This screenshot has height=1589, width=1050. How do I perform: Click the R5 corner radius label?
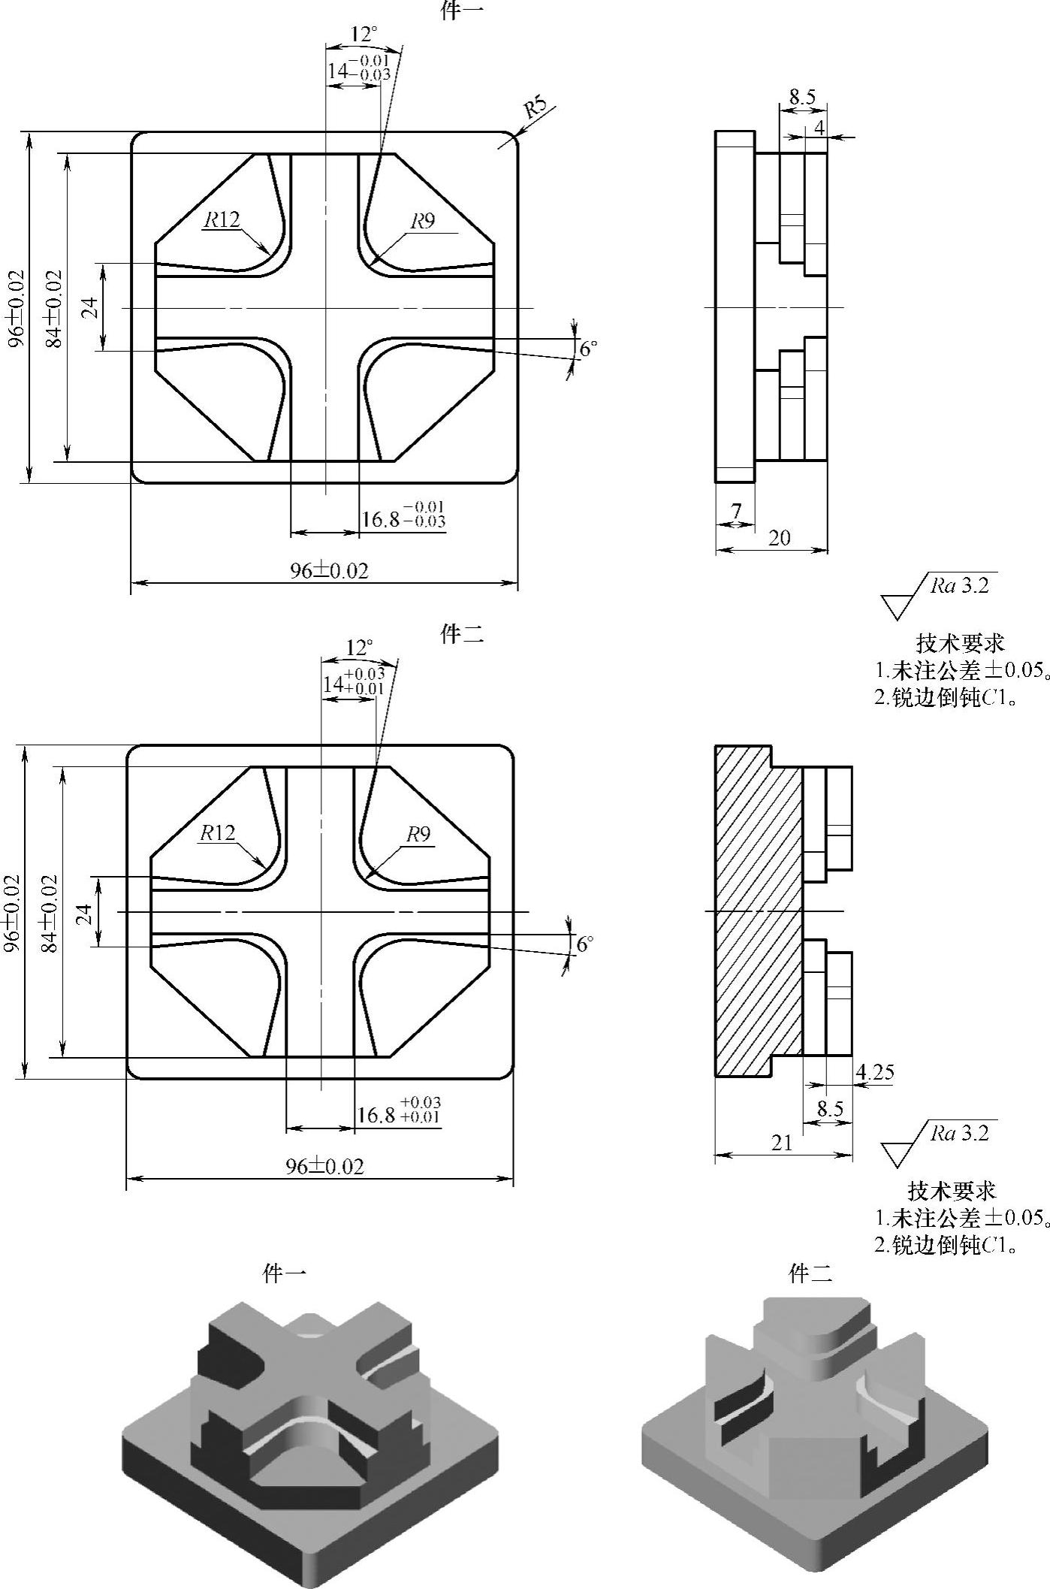536,108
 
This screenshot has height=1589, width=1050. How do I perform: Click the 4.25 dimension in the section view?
875,1072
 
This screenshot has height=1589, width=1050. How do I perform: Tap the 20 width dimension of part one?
780,538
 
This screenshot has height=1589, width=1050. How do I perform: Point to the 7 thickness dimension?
736,511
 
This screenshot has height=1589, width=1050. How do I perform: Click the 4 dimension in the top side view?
819,128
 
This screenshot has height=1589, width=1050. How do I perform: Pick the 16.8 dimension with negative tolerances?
403,515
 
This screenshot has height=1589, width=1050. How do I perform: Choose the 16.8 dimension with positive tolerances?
399,1110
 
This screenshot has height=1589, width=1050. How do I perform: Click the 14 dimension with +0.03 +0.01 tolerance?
353,681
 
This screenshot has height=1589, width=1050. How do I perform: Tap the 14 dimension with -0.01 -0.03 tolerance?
358,67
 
